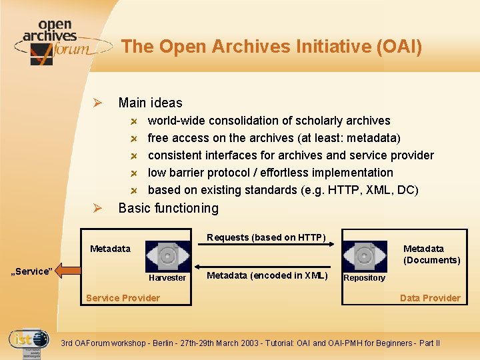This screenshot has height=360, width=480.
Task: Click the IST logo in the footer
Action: (29, 342)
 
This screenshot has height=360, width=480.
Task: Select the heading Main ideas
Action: (150, 103)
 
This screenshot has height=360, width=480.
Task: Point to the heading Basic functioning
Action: (168, 208)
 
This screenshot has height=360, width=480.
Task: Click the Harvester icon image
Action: (168, 257)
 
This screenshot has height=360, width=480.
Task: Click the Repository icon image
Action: (365, 256)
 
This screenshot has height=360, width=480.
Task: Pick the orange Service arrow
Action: (67, 271)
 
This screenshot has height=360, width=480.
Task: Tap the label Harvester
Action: (167, 278)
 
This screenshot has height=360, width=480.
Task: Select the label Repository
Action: (364, 278)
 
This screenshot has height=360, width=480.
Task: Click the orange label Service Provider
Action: (123, 298)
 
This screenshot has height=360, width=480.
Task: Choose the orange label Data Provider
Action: (430, 298)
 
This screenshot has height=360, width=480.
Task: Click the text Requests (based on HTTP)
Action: (266, 237)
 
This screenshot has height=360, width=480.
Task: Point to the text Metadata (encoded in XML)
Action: (267, 275)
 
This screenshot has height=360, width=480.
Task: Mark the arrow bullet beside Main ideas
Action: (97, 103)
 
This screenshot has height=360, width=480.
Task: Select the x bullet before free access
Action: (134, 139)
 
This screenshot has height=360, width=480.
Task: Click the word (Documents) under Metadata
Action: (431, 260)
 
